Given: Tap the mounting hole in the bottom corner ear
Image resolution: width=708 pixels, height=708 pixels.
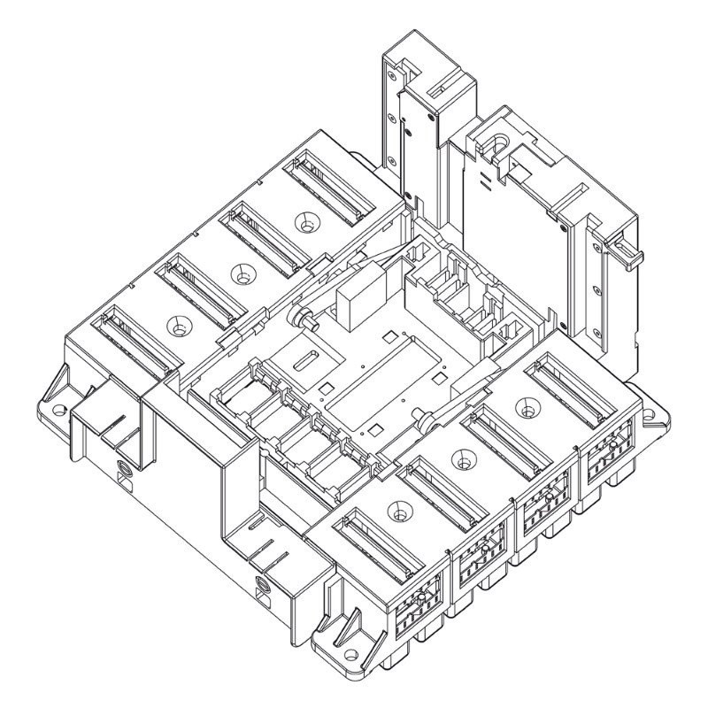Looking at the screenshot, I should tap(351, 655).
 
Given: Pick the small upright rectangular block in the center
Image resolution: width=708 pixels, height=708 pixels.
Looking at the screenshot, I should tap(360, 301).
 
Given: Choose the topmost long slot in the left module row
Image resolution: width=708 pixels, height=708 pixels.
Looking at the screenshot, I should tap(323, 186).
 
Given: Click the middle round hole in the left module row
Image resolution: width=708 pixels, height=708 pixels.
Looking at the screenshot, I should tap(240, 275).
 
